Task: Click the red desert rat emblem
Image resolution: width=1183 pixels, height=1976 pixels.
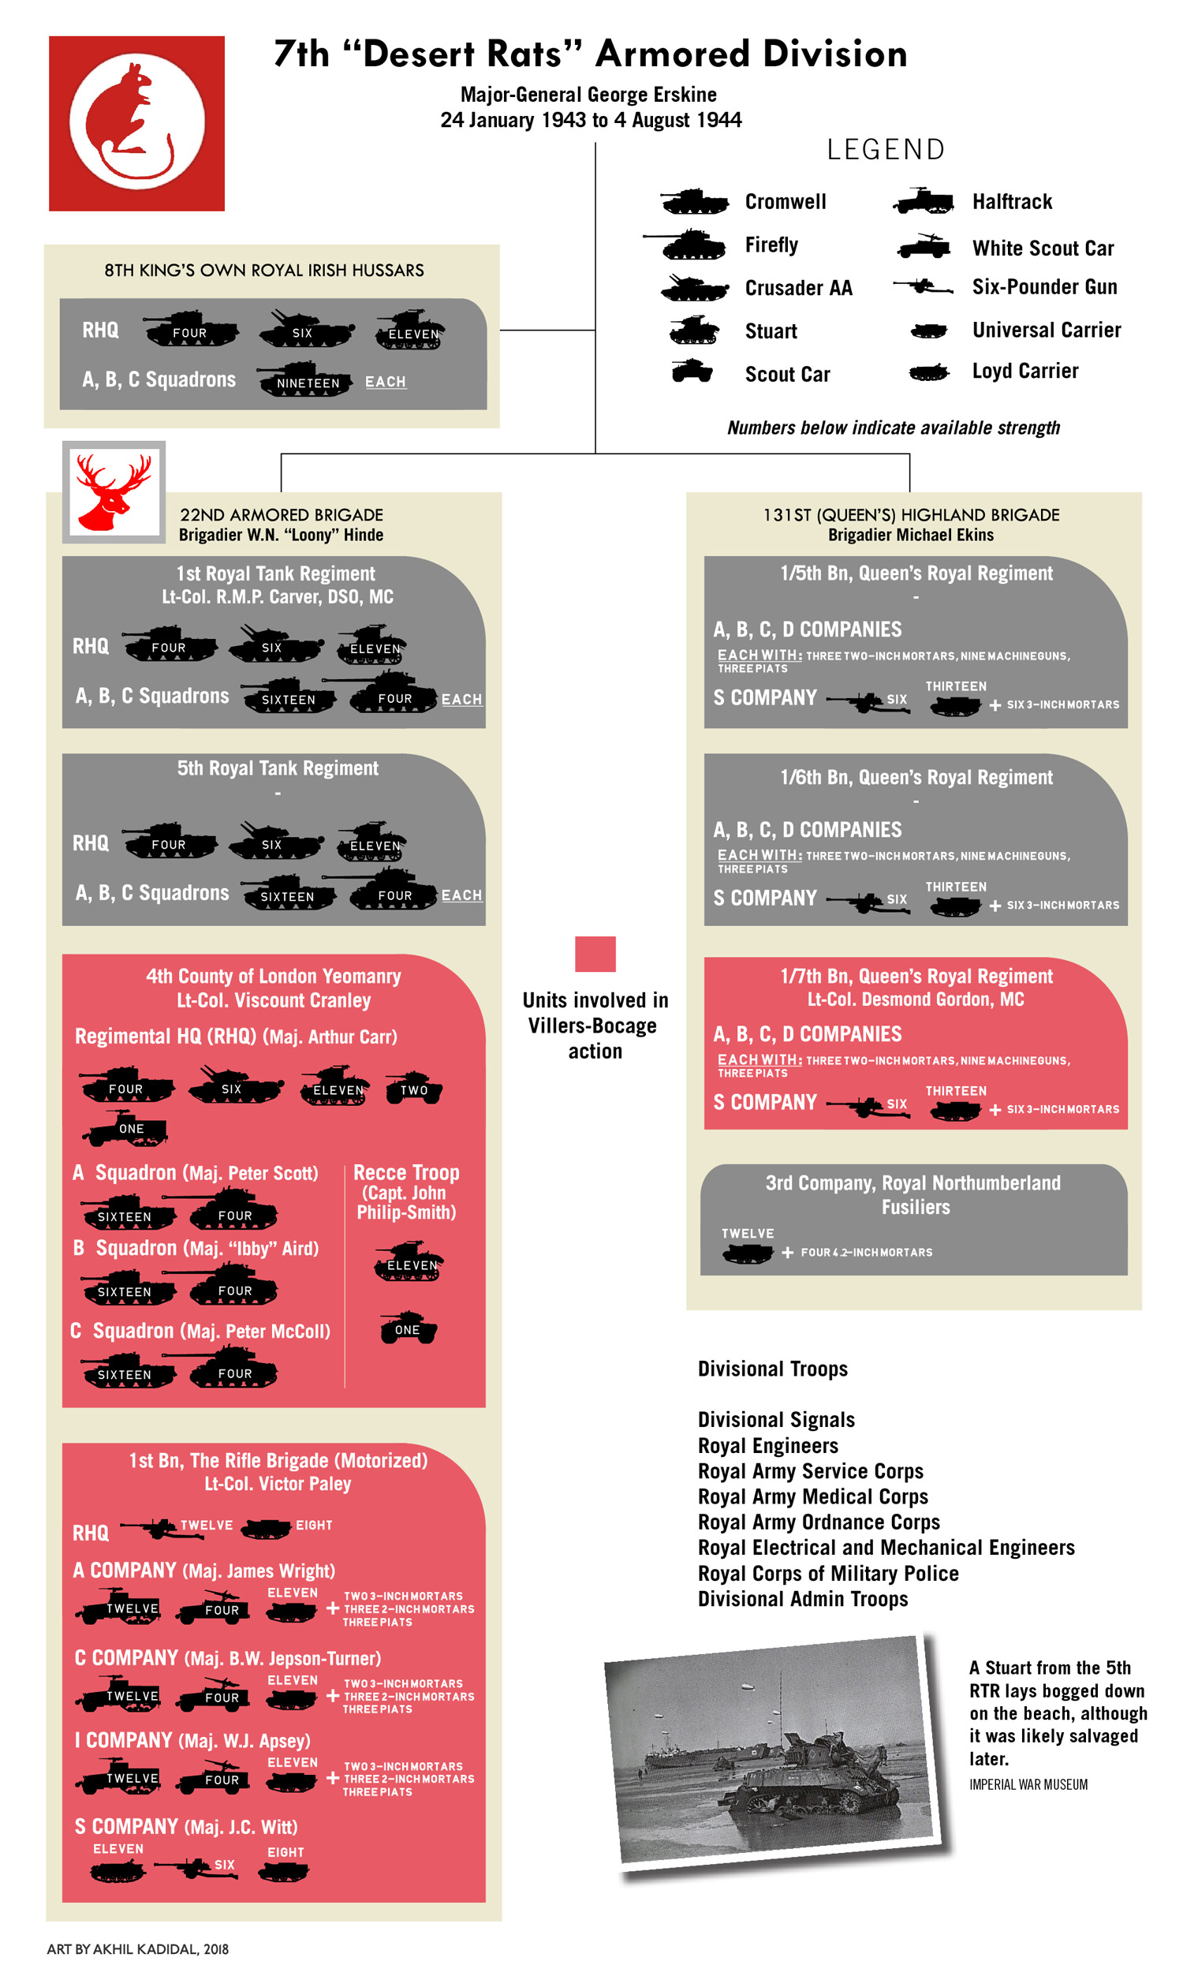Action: pyautogui.click(x=136, y=123)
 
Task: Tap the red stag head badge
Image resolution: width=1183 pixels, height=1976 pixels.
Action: pyautogui.click(x=114, y=491)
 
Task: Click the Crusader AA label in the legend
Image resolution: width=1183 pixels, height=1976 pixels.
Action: pyautogui.click(x=798, y=288)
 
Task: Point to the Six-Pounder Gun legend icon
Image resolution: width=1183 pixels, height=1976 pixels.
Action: pyautogui.click(x=923, y=286)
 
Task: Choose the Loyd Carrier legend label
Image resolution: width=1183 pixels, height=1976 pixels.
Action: pyautogui.click(x=1024, y=371)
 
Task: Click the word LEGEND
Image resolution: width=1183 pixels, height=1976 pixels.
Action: pyautogui.click(x=886, y=149)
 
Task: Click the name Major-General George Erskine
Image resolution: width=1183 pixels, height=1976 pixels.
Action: pyautogui.click(x=588, y=95)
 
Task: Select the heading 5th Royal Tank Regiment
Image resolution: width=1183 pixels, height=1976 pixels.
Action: pyautogui.click(x=278, y=768)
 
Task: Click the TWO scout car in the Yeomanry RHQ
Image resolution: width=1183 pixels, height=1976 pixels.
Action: pyautogui.click(x=414, y=1088)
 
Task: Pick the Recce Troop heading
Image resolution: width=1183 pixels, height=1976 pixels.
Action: pyautogui.click(x=405, y=1171)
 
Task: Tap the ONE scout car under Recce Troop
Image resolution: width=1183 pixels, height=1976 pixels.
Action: pyautogui.click(x=408, y=1328)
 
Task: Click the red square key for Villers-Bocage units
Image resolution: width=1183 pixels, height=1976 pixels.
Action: pyautogui.click(x=595, y=954)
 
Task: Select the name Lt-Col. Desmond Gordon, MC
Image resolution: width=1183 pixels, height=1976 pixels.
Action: pyautogui.click(x=915, y=999)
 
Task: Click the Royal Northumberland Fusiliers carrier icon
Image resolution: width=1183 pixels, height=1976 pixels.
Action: pyautogui.click(x=746, y=1252)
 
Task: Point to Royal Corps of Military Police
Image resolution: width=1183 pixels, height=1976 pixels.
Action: pyautogui.click(x=827, y=1573)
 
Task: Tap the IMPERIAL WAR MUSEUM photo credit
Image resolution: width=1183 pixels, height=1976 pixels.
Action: pyautogui.click(x=1028, y=1784)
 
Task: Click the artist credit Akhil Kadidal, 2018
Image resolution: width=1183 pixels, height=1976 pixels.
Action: pyautogui.click(x=137, y=1948)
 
